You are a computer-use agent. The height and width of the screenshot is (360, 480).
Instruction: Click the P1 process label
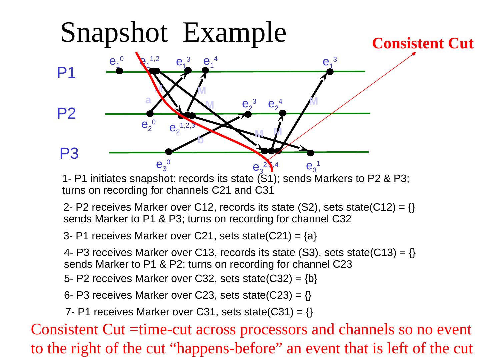(x=66, y=73)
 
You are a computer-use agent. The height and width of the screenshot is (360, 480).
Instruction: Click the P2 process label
(x=66, y=114)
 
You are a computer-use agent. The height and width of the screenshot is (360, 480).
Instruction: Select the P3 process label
(x=69, y=154)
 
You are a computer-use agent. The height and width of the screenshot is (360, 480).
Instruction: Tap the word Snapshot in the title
(x=114, y=33)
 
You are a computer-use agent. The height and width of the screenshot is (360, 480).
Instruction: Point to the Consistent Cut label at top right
(x=422, y=44)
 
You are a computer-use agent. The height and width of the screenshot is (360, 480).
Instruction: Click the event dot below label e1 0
(x=119, y=71)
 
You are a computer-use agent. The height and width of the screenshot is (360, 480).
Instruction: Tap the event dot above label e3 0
(x=169, y=152)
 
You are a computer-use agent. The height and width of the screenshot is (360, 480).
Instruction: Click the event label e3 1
(x=313, y=166)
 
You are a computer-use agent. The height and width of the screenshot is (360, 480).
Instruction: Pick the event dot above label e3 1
(x=311, y=153)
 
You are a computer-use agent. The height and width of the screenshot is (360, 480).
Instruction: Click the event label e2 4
(x=275, y=104)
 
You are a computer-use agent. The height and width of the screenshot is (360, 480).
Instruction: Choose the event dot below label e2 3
(x=248, y=114)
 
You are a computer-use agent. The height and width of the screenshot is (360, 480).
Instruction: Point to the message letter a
(x=148, y=100)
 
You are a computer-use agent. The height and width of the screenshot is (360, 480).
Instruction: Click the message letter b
(x=200, y=140)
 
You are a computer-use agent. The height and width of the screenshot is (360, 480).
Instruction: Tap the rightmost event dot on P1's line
(x=330, y=72)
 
